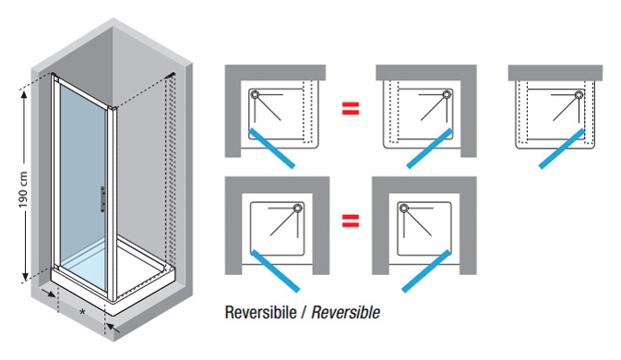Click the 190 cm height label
pyautogui.click(x=23, y=190)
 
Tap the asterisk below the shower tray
pyautogui.click(x=82, y=312)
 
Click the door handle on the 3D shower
pyautogui.click(x=103, y=198)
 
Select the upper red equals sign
pyautogui.click(x=351, y=109)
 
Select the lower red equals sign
pyautogui.click(x=351, y=221)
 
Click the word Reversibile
pyautogui.click(x=260, y=313)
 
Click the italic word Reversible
pyautogui.click(x=345, y=313)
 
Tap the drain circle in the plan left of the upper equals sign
pyautogui.click(x=255, y=94)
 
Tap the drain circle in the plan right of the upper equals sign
pyautogui.click(x=448, y=94)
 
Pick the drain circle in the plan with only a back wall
pyautogui.click(x=579, y=94)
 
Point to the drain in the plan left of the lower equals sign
pyautogui.click(x=298, y=208)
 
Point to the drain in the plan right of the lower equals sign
pyautogui.click(x=404, y=208)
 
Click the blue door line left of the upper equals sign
pyautogui.click(x=272, y=149)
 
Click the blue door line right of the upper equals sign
pyautogui.click(x=430, y=149)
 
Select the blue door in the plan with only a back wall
pyautogui.click(x=562, y=149)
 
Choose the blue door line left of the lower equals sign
pyautogui.click(x=276, y=271)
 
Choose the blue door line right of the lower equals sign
pyautogui.click(x=426, y=271)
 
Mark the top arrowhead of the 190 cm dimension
pyautogui.click(x=24, y=94)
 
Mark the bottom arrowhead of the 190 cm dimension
pyautogui.click(x=25, y=277)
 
